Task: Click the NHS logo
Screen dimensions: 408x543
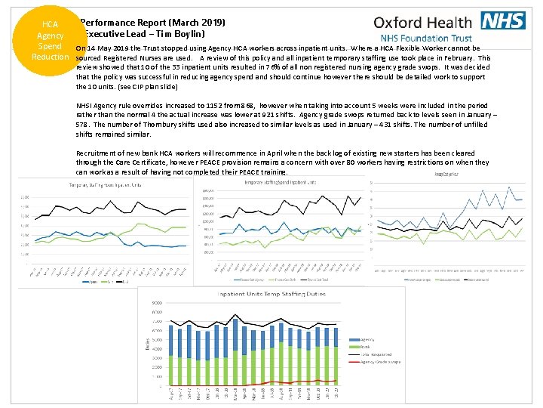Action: [x=503, y=20]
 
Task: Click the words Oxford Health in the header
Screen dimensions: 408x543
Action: [x=422, y=23]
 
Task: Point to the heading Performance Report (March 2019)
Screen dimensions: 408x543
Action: [x=152, y=23]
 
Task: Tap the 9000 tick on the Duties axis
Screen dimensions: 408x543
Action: [x=158, y=302]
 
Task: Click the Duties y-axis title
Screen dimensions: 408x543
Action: [x=148, y=345]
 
